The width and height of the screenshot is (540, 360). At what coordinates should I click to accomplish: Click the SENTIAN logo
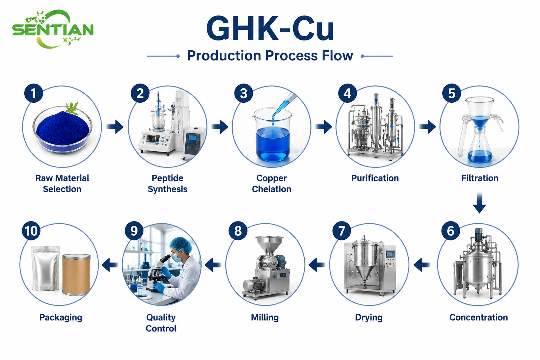[53, 29]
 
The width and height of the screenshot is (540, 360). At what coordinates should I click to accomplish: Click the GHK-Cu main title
[270, 29]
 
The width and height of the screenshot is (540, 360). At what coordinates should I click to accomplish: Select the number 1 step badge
[33, 93]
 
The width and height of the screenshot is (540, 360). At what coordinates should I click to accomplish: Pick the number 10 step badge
[31, 231]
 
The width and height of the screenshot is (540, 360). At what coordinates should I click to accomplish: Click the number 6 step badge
[451, 231]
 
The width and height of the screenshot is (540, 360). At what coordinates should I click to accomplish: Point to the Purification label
[375, 178]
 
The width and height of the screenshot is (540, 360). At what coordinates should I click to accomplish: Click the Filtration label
[480, 178]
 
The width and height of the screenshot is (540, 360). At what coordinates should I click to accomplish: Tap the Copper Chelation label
[271, 184]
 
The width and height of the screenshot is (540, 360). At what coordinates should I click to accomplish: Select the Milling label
[265, 317]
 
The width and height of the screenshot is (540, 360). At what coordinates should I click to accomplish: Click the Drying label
[368, 317]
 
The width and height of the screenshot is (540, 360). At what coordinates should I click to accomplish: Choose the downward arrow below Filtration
[479, 203]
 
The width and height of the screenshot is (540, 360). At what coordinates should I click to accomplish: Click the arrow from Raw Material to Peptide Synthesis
[115, 127]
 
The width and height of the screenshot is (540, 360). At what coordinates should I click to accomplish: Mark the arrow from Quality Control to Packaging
[110, 265]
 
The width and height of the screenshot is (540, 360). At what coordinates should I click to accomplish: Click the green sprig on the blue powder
[72, 108]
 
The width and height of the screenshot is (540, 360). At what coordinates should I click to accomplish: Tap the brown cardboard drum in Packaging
[76, 275]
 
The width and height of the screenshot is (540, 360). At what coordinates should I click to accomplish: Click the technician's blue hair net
[181, 244]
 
